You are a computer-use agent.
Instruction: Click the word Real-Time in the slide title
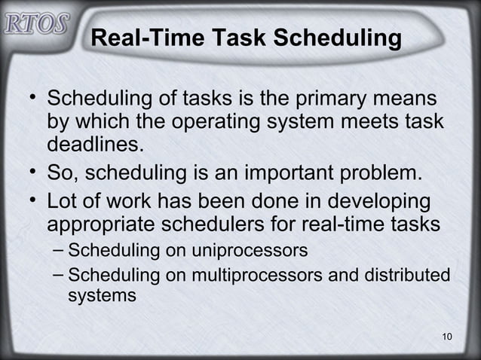click(143, 38)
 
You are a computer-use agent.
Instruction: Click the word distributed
click(408, 275)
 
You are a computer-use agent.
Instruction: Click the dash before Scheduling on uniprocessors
click(58, 249)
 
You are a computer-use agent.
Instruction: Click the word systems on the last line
click(102, 296)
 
